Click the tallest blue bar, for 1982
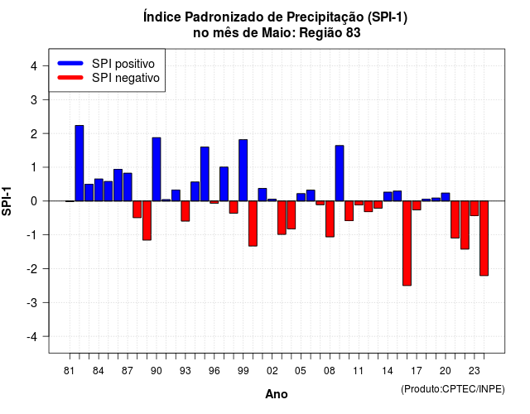coord(79,163)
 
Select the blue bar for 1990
coord(157,169)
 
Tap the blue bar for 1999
coord(243,171)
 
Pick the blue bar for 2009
coord(340,173)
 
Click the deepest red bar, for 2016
coord(407,243)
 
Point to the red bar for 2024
coord(484,238)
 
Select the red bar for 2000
coord(253,224)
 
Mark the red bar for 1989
coord(147,220)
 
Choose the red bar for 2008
coord(330,219)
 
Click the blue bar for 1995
coord(205,174)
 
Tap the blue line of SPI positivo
coord(70,63)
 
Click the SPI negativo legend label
coord(126,78)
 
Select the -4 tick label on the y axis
coord(32,337)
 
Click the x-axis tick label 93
coord(185,371)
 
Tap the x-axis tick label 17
coord(417,371)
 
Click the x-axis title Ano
coord(277,394)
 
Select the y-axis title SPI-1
coord(7,201)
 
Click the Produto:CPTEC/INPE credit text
coord(453,389)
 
